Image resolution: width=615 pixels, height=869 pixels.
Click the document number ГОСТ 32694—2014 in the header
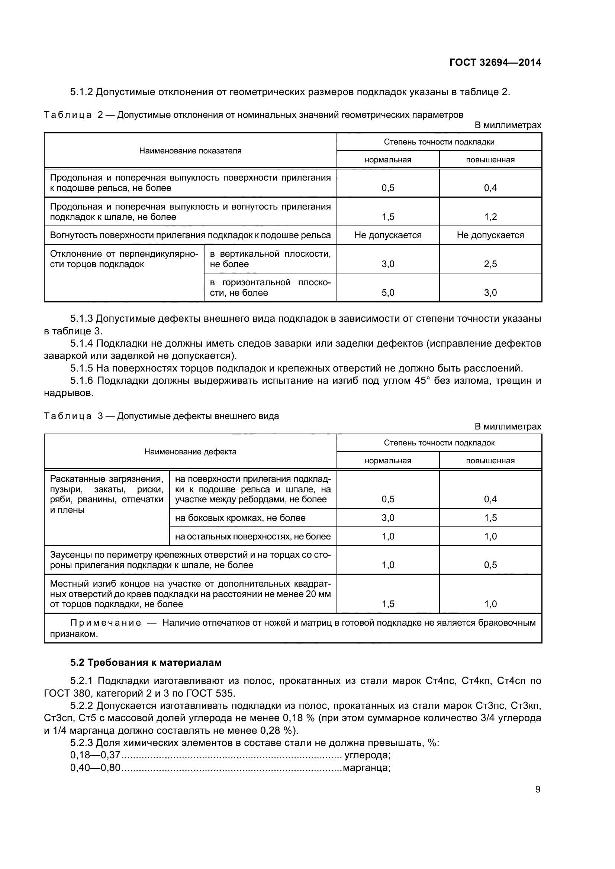[495, 62]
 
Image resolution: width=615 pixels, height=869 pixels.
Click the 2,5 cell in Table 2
[490, 264]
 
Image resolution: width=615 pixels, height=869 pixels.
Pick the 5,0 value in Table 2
[388, 292]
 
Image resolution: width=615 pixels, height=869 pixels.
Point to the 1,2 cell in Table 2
[490, 217]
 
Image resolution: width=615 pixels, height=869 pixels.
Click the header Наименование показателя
[190, 150]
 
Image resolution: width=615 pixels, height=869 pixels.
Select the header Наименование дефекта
[190, 451]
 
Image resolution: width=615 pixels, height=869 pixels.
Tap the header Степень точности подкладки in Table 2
[439, 142]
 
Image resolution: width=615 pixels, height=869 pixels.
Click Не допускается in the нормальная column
[388, 235]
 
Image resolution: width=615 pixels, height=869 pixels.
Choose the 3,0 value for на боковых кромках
[388, 518]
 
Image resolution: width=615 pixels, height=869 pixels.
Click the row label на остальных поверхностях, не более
[252, 536]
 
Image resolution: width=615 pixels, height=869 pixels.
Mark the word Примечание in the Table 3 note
[106, 623]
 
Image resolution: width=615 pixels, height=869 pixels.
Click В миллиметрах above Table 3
[508, 427]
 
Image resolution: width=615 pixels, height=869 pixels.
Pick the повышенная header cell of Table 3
[490, 461]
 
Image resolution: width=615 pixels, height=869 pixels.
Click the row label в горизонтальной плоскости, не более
[270, 288]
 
